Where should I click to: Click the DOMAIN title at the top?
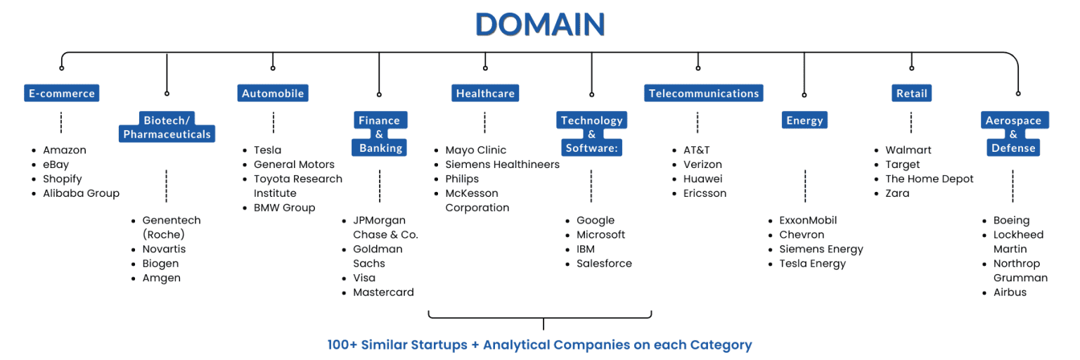(540, 25)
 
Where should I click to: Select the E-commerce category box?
(61, 94)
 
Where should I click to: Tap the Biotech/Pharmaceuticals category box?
(167, 127)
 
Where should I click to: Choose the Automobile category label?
(273, 94)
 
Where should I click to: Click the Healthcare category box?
(485, 94)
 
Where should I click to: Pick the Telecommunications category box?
(703, 94)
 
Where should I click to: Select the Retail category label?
(911, 94)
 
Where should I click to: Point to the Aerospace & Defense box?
(1013, 134)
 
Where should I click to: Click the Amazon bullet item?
(65, 150)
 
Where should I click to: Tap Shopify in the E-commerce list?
(63, 179)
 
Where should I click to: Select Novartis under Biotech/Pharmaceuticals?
(164, 249)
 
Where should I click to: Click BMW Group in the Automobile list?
(284, 207)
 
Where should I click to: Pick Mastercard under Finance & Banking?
(383, 292)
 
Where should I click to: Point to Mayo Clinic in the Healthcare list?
(475, 150)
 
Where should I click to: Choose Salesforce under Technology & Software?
(604, 264)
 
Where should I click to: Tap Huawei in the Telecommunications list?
(702, 179)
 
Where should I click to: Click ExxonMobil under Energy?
(808, 220)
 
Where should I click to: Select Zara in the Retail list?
(897, 193)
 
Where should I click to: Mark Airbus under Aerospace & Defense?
(1010, 292)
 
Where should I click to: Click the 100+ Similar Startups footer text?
(539, 345)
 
